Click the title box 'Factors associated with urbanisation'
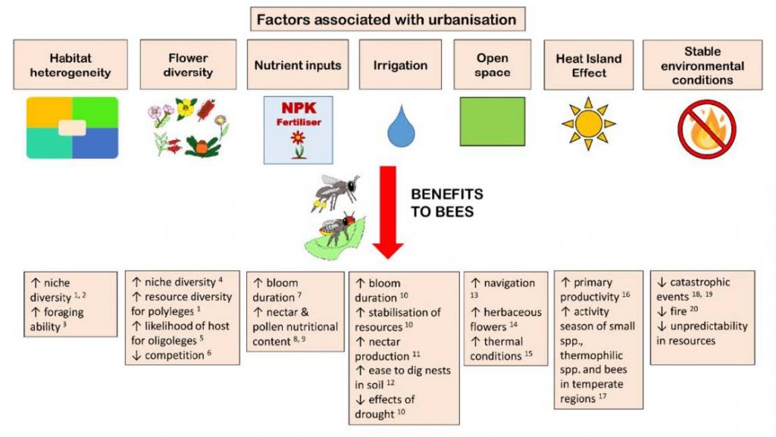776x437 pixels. pos(387,19)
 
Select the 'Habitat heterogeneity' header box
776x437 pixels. pos(70,65)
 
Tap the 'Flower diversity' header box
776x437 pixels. pos(188,65)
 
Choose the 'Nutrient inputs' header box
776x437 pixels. pos(298,65)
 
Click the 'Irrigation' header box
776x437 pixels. pos(400,65)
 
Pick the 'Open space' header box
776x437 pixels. pos(493,65)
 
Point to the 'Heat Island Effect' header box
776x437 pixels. pos(588,65)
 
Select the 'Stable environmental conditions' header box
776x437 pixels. pos(702,65)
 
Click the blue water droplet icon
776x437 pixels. pos(401,126)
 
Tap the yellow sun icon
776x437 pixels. pos(588,123)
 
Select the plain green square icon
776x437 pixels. pos(493,122)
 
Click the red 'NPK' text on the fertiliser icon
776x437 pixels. pos(299,108)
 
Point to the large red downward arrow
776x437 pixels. pos(388,213)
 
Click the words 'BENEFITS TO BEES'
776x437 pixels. pos(447,203)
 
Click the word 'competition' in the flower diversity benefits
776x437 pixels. pos(174,355)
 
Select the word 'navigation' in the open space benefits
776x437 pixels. pos(509,283)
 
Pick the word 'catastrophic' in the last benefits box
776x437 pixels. pos(699,282)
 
